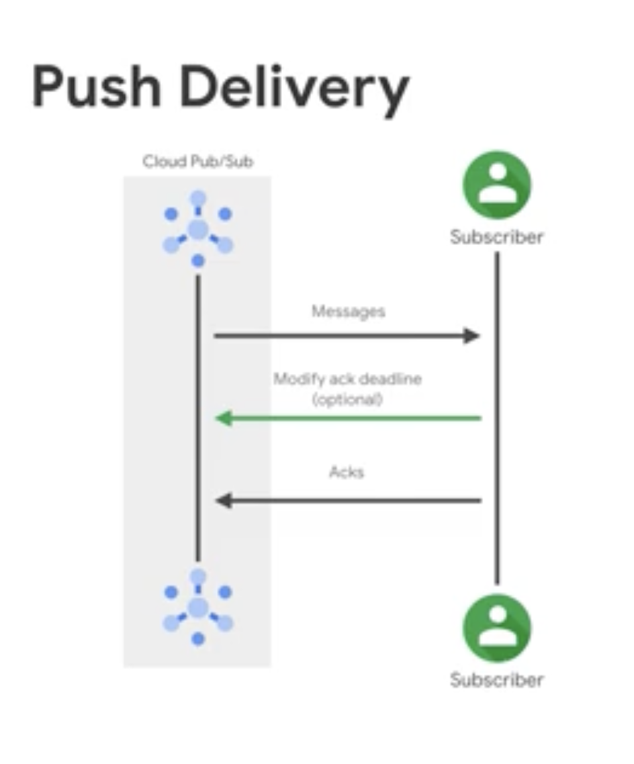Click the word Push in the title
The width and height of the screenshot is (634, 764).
click(97, 89)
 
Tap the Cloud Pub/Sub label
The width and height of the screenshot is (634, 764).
click(198, 162)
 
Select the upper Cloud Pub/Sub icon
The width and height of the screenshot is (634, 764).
click(198, 230)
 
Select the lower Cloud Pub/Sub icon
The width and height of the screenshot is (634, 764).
click(198, 607)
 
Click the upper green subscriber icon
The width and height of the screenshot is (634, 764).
click(497, 186)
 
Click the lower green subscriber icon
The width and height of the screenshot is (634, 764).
click(497, 628)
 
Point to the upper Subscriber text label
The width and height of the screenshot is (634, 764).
click(496, 237)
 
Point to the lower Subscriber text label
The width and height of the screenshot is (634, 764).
click(496, 680)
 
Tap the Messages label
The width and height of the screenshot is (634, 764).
click(348, 311)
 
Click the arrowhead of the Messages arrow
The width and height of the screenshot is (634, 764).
click(472, 336)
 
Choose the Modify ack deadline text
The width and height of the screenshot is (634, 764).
click(347, 379)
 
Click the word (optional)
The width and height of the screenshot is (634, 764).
click(347, 399)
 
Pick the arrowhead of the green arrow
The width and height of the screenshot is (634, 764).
click(224, 418)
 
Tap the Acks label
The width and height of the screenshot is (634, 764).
click(347, 472)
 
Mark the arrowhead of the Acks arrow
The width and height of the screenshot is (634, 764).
click(224, 501)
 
